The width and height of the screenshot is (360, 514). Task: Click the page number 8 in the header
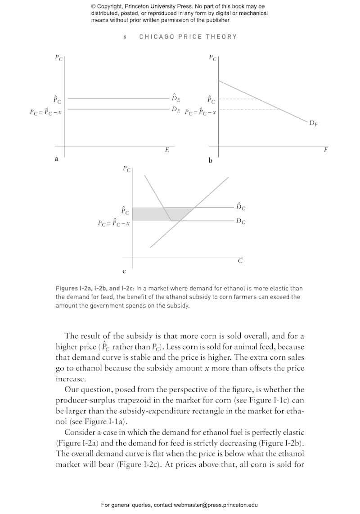pos(125,37)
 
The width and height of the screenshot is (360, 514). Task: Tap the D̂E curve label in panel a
pos(175,98)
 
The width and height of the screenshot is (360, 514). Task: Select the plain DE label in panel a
pos(175,109)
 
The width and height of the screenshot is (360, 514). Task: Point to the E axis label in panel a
pos(167,150)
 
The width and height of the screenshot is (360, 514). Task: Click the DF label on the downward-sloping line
pos(313,123)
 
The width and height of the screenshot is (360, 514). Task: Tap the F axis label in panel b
pos(325,150)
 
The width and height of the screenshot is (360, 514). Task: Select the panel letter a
pos(56,158)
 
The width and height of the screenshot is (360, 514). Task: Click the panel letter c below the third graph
pos(124,272)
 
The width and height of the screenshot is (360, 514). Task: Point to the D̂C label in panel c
pos(241,207)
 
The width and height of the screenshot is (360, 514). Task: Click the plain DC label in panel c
pos(241,221)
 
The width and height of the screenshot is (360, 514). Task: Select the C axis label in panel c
pos(240,261)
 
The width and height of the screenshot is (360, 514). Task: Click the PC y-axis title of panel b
pos(213,58)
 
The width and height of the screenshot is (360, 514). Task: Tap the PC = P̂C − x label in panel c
pos(114,223)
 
